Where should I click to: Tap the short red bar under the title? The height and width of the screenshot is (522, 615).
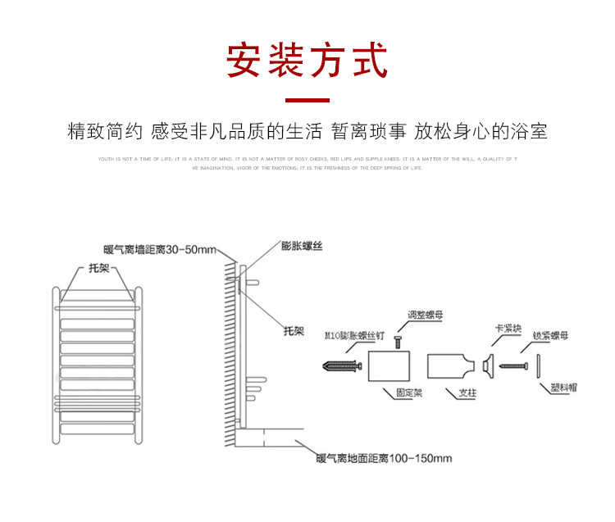[x=307, y=102]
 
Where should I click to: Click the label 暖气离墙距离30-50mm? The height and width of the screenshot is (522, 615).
[x=159, y=249]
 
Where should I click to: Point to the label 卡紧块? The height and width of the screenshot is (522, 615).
[x=503, y=329]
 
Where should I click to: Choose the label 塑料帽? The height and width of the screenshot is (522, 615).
[x=563, y=387]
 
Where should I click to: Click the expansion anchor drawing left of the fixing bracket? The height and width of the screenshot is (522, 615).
[x=344, y=365]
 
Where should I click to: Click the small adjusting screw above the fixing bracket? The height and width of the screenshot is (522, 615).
[x=397, y=342]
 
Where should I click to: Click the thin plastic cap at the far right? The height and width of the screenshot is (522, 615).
[x=539, y=365]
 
